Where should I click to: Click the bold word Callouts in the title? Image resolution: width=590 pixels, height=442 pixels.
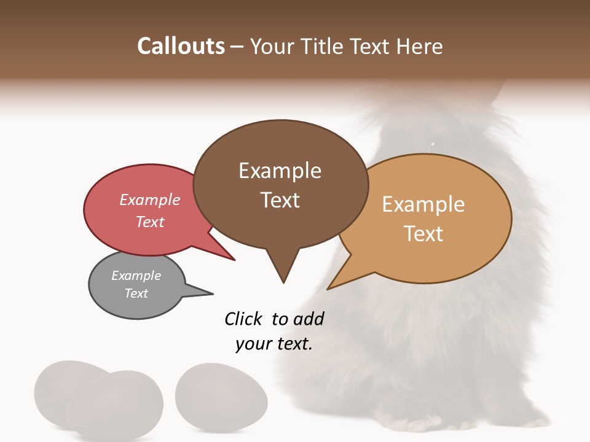(x=181, y=46)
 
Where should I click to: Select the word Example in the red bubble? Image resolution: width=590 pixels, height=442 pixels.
(x=149, y=200)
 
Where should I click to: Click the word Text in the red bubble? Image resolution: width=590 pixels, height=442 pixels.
(x=149, y=222)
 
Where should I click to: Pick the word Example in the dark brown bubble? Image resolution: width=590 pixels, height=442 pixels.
(x=280, y=171)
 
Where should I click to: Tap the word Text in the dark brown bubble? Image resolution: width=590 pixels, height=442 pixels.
(x=280, y=200)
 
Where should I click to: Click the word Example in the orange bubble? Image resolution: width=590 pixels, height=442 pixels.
(x=423, y=204)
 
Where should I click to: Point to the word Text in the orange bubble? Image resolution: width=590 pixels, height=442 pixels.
(x=423, y=234)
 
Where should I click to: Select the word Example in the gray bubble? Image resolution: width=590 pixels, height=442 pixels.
(x=136, y=276)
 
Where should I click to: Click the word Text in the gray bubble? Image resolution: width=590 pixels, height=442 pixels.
(x=136, y=293)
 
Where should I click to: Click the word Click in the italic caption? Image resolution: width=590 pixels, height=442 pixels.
(x=243, y=319)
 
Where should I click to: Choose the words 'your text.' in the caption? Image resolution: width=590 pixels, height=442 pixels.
(x=274, y=344)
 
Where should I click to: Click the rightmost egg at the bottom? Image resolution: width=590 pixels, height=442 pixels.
(x=221, y=393)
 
